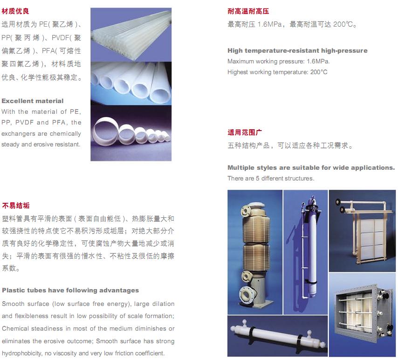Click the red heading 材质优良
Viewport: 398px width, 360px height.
pos(15,11)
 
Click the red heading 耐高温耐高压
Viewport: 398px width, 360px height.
pos(248,11)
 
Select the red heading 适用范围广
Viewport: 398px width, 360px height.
pos(245,132)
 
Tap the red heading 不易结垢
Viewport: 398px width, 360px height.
pos(16,206)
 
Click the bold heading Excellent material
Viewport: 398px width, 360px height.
pos(33,101)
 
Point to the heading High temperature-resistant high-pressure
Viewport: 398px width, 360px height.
pos(297,50)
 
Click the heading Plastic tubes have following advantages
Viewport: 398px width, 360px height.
pos(70,290)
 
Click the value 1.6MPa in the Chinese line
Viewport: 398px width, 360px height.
pos(269,24)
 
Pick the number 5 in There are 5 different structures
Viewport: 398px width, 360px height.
pos(257,178)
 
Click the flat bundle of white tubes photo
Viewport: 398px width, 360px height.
pos(131,35)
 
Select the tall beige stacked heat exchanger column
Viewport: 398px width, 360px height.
pos(255,254)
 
